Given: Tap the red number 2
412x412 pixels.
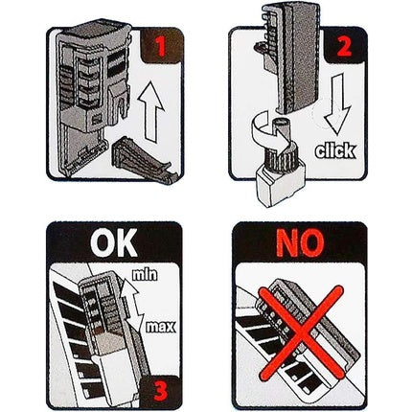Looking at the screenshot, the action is point(344,47).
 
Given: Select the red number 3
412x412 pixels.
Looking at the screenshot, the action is point(161,391).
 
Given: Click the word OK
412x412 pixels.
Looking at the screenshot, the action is point(114,242).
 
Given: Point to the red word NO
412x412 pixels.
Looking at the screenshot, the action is point(300,243).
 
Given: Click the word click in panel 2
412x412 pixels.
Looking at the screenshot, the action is point(335,150).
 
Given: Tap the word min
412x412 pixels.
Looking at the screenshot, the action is point(145,274).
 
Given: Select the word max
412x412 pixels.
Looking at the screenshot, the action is point(161,327).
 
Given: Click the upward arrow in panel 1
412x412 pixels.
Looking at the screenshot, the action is point(151,111).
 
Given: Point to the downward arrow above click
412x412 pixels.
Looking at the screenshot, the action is point(338,103).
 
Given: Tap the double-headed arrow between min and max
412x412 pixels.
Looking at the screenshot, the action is point(131,306).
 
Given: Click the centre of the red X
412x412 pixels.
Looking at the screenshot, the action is point(301,333).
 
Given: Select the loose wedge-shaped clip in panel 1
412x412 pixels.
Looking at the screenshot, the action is point(144,160).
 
